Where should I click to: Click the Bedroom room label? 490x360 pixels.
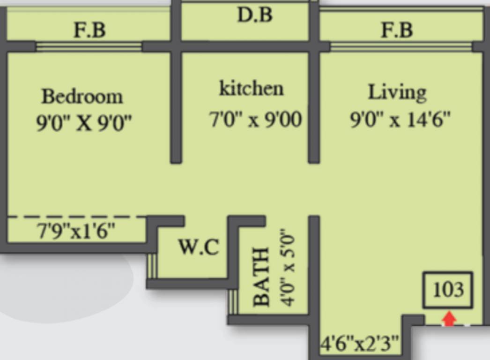click(x=82, y=96)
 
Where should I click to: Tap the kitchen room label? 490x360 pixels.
click(x=251, y=89)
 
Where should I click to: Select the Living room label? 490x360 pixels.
click(x=397, y=92)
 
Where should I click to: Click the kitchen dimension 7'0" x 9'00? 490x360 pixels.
click(x=255, y=120)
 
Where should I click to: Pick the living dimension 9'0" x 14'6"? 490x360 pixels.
click(x=400, y=120)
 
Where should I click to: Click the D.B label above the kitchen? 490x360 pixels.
click(x=254, y=15)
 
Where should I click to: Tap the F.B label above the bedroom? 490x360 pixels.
click(x=89, y=30)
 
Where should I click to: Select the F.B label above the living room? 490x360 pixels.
click(x=397, y=30)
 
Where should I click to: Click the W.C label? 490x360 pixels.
click(x=198, y=247)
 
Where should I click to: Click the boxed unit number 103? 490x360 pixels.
click(x=448, y=290)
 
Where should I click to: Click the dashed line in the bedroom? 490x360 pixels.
click(x=77, y=217)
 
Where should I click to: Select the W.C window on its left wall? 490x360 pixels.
click(x=151, y=266)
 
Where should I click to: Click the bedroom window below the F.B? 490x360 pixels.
click(x=89, y=46)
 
